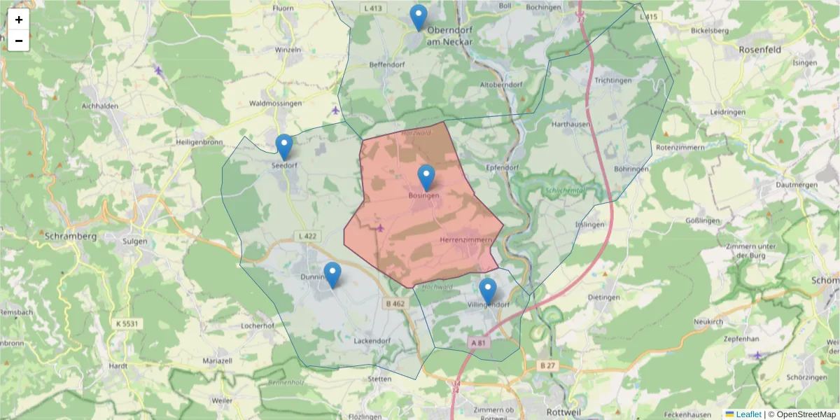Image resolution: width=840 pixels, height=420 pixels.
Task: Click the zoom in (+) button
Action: point(19,20)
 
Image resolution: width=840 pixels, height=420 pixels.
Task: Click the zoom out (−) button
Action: point(19,41)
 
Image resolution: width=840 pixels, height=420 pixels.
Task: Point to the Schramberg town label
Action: point(70,237)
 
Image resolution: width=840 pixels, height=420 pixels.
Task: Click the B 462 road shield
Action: point(395,304)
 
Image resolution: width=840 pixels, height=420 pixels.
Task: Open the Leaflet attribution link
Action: point(748,414)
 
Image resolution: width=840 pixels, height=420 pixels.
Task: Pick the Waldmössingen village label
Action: point(275,104)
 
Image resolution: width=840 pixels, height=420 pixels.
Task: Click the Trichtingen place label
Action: point(612,80)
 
